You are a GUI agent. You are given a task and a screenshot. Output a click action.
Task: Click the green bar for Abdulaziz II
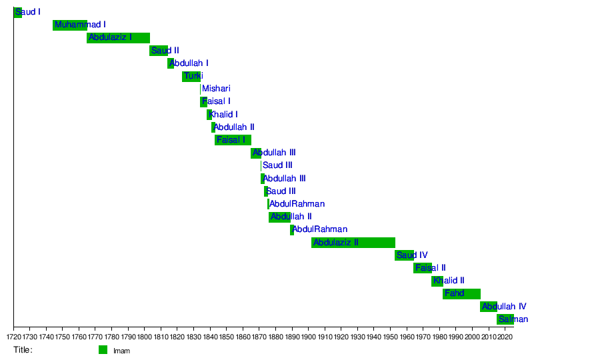pyautogui.click(x=353, y=243)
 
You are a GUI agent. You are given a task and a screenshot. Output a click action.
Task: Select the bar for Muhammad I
pyautogui.click(x=70, y=25)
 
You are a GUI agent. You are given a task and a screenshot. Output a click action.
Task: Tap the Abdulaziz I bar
pyautogui.click(x=118, y=38)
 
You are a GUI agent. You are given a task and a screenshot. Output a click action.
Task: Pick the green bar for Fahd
pyautogui.click(x=461, y=294)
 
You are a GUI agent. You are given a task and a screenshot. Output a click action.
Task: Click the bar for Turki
pyautogui.click(x=191, y=77)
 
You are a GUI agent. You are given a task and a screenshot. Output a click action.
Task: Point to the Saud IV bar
pyautogui.click(x=405, y=255)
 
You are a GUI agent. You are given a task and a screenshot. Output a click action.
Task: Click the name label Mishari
pyautogui.click(x=216, y=89)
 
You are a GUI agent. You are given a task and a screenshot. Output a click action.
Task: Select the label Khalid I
pyautogui.click(x=223, y=115)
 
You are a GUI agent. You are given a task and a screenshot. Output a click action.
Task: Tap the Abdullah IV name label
pyautogui.click(x=505, y=307)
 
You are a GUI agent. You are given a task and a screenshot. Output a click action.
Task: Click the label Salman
pyautogui.click(x=513, y=319)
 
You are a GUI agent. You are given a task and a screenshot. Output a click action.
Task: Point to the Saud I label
pyautogui.click(x=28, y=12)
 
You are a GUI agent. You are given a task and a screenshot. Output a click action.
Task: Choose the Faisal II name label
pyautogui.click(x=431, y=268)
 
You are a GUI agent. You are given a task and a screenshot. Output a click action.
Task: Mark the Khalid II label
pyautogui.click(x=449, y=281)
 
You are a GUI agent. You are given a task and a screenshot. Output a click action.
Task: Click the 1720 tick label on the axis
pyautogui.click(x=13, y=337)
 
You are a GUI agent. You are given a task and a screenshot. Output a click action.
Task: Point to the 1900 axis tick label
pyautogui.click(x=309, y=337)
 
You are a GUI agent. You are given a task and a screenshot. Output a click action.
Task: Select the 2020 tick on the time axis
pyautogui.click(x=505, y=337)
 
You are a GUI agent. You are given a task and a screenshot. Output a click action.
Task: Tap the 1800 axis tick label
pyautogui.click(x=145, y=337)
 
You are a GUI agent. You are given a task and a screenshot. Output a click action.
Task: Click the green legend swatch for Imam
pyautogui.click(x=103, y=350)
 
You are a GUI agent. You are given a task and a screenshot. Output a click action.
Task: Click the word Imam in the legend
pyautogui.click(x=122, y=351)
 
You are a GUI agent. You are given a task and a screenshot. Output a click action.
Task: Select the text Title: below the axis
pyautogui.click(x=23, y=350)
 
